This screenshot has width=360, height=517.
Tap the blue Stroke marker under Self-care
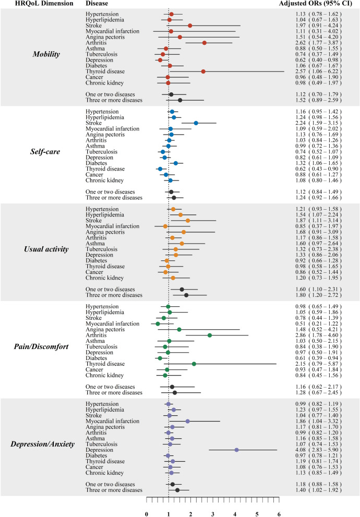tap(196, 123)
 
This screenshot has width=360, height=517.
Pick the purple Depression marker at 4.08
tap(237, 450)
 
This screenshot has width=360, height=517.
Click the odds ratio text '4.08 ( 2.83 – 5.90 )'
tap(318, 450)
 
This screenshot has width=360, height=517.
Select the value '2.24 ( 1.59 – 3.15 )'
tap(318, 123)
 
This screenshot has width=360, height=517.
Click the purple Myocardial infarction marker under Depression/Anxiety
tap(188, 421)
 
